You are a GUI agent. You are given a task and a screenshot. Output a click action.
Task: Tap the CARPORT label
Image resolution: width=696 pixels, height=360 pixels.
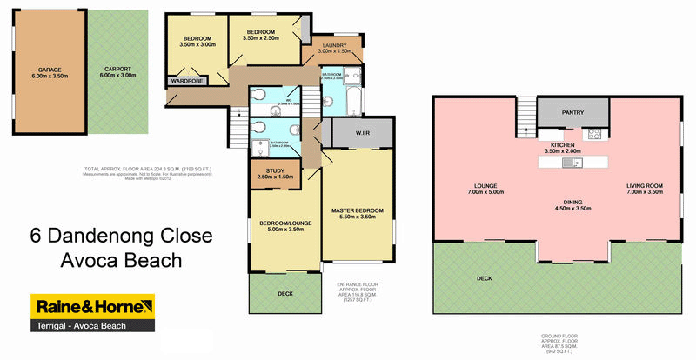coord(117,69)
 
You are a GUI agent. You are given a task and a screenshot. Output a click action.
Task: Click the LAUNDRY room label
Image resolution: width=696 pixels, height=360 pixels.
coord(334,45)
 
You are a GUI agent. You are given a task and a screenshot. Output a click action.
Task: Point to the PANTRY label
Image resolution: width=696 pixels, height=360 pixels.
coord(572,112)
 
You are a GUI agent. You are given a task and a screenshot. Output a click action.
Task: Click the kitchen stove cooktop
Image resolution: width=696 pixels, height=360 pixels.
coord(595,134)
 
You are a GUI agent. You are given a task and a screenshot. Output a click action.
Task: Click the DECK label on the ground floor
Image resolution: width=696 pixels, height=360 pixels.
coord(484,278)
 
